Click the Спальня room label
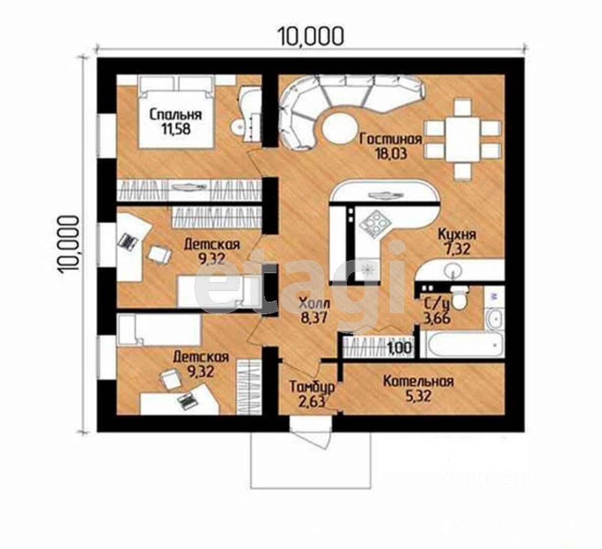pos(175,114)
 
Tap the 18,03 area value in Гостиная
pos(391,153)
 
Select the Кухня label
pos(457,234)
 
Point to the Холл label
pos(314,304)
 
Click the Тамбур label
pos(312,386)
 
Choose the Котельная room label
pos(419,381)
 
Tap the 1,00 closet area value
pos(400,348)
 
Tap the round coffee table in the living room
pos(339,128)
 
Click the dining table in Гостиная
pos(462,140)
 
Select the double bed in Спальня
pos(176,112)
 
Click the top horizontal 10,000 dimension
pos(311,37)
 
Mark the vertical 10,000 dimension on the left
pos(69,244)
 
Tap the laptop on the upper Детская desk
pos(128,241)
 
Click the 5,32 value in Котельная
pos(419,396)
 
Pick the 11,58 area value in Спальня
pos(175,129)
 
